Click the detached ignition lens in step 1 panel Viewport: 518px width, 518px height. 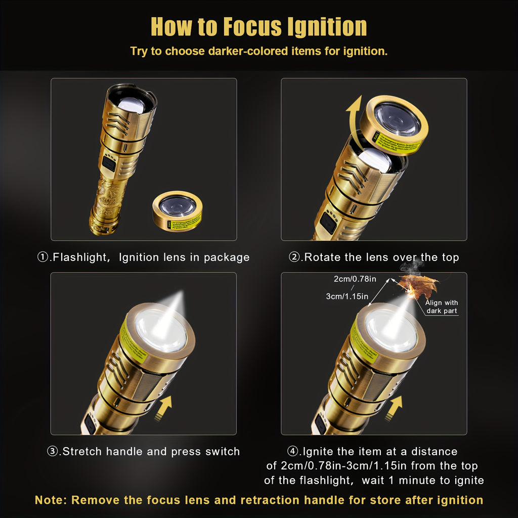[178, 211]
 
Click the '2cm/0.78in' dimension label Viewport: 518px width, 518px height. [355, 279]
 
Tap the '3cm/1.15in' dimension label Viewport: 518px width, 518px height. [347, 296]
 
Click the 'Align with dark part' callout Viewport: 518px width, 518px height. [441, 307]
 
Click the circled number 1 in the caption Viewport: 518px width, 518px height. [43, 257]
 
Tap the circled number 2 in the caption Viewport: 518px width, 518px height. [294, 257]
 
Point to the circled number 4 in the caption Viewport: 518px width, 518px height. [293, 451]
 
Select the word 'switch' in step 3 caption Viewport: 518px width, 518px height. [223, 451]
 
